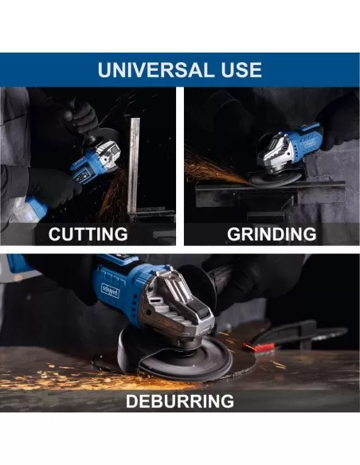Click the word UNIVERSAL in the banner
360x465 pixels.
click(153, 70)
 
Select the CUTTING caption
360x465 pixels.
click(88, 234)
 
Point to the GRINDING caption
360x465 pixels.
click(272, 234)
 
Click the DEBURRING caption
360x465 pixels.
click(180, 401)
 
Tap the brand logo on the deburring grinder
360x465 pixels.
click(111, 291)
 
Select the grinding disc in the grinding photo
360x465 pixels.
click(274, 178)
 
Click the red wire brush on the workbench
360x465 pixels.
click(259, 346)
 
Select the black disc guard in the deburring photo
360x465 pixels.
click(131, 347)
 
